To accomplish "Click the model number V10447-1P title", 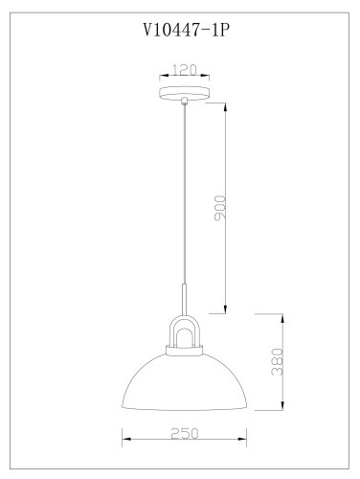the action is click(186, 31).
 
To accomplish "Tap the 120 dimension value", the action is click(185, 70).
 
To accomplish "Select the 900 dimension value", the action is click(220, 208).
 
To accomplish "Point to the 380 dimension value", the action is click(277, 362).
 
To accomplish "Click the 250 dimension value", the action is click(185, 433).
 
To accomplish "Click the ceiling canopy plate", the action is click(185, 93).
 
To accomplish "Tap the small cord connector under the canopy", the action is click(184, 102).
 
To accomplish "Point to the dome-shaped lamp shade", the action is click(185, 382).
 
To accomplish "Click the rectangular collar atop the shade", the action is click(185, 351).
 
